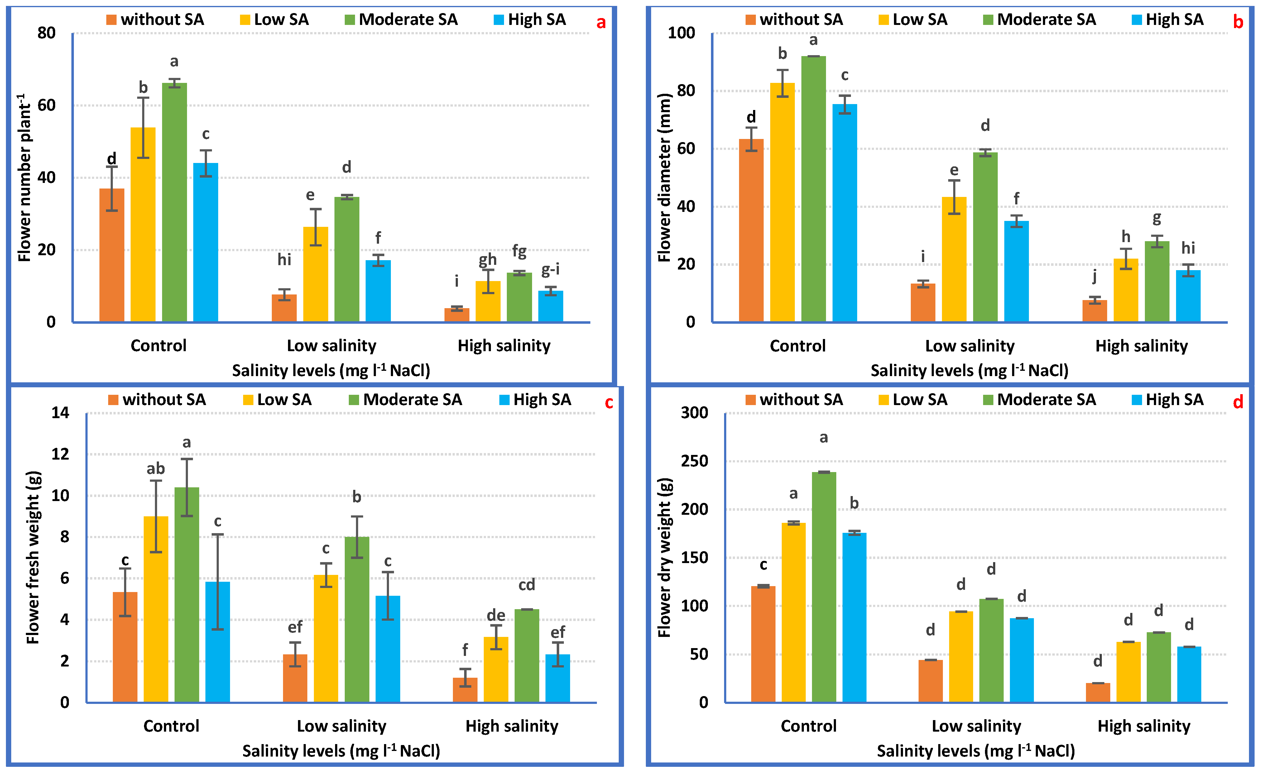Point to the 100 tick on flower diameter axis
[681, 33]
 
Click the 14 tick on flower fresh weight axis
[60, 413]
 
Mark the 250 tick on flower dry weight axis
[694, 461]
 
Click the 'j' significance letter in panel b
[1094, 277]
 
